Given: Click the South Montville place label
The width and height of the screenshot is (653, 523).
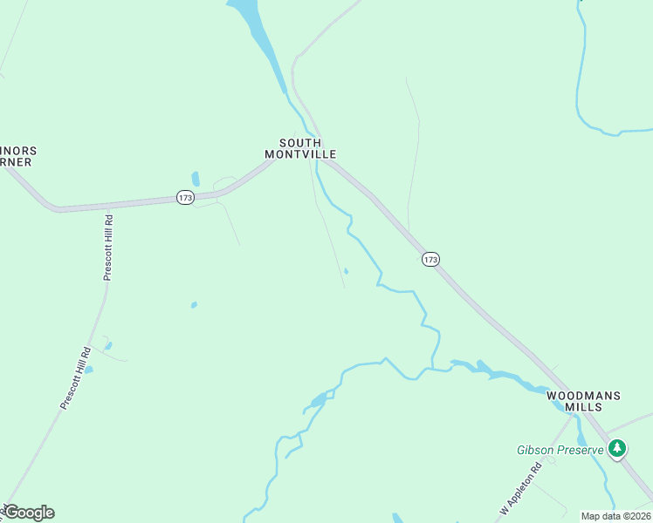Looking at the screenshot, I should [299, 148].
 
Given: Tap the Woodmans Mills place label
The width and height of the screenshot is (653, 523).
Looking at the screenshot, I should [583, 401].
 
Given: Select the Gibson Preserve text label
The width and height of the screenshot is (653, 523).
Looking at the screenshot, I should [560, 450].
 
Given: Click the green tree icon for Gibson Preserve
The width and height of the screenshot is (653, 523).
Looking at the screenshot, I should [618, 449].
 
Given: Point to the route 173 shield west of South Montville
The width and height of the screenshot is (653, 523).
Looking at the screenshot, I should [184, 198].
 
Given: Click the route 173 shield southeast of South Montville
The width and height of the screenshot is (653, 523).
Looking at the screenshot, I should [430, 259].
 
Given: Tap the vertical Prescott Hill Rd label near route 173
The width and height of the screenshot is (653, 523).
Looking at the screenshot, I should [108, 248].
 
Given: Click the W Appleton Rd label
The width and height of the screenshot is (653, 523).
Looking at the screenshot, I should [521, 487].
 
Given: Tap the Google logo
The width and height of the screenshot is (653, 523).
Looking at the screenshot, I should [29, 513].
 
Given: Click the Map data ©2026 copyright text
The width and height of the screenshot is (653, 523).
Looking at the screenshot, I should [615, 516].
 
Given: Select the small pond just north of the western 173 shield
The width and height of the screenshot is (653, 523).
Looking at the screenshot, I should [196, 179].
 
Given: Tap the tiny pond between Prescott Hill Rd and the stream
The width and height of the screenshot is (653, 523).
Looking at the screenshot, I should [194, 305].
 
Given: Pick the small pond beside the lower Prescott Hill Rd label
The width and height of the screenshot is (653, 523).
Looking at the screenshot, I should [88, 370].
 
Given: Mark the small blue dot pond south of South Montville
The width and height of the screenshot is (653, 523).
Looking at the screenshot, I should [347, 271].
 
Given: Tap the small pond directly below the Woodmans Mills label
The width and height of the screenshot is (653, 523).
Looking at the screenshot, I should [581, 438].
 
